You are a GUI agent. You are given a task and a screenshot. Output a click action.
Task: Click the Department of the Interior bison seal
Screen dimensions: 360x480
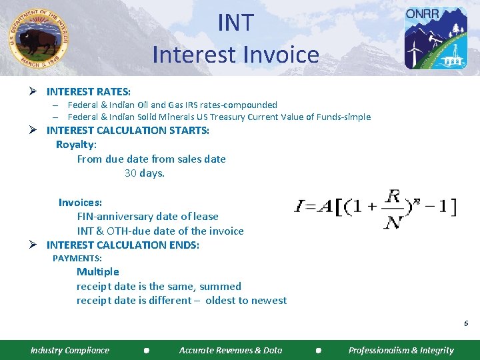[39, 38]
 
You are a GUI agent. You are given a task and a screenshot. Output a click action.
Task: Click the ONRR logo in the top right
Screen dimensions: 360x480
[436, 38]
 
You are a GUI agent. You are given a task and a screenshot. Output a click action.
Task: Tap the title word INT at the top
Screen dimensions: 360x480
[236, 23]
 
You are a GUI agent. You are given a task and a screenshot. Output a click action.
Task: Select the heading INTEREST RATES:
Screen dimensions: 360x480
[89, 91]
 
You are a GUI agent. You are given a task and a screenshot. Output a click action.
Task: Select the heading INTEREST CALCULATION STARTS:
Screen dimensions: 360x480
[127, 130]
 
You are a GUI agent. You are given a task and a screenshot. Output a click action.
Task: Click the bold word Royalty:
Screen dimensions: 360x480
[76, 145]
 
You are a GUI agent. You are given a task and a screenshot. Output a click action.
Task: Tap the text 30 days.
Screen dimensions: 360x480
[145, 173]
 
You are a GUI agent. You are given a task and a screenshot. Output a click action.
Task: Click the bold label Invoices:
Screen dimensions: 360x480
[80, 202]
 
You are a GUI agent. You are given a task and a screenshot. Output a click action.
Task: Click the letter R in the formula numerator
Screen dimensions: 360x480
[393, 197]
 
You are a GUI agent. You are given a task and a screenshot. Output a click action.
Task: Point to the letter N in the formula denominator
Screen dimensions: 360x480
[393, 221]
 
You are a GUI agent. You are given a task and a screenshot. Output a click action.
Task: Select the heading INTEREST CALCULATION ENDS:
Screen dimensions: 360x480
[123, 245]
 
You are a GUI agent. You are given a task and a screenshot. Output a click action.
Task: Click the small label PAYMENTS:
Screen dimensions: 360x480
[77, 258]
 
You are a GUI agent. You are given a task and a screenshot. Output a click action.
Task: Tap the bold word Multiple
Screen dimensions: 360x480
[98, 271]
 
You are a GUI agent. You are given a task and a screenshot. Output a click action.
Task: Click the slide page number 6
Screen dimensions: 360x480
[466, 323]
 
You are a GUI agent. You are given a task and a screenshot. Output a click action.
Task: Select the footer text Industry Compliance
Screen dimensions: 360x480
[70, 350]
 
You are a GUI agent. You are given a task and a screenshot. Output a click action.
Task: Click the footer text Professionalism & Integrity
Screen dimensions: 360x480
[401, 350]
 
